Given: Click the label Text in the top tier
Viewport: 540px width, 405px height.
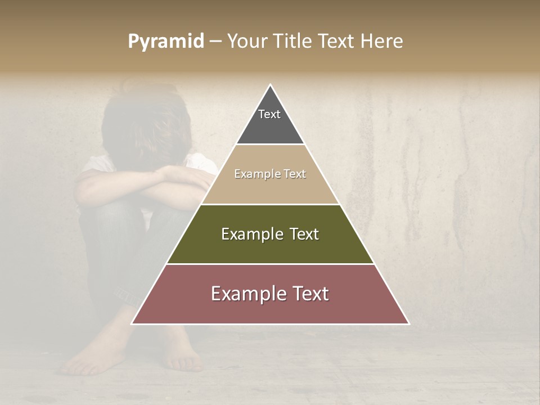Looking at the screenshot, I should pos(269,114).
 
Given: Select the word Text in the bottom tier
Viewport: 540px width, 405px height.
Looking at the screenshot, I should pos(308,294).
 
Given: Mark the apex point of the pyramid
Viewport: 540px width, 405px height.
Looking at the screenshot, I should pos(271,85).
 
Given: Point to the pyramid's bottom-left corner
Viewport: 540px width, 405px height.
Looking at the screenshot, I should pos(132,324).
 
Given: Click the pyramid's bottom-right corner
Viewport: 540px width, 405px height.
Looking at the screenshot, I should pos(409,324).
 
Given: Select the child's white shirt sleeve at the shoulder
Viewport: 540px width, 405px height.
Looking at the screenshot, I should pos(93,166).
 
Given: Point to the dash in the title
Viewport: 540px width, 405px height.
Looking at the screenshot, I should pos(215,42).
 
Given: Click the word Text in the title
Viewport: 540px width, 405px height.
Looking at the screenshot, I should pos(337,42).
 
